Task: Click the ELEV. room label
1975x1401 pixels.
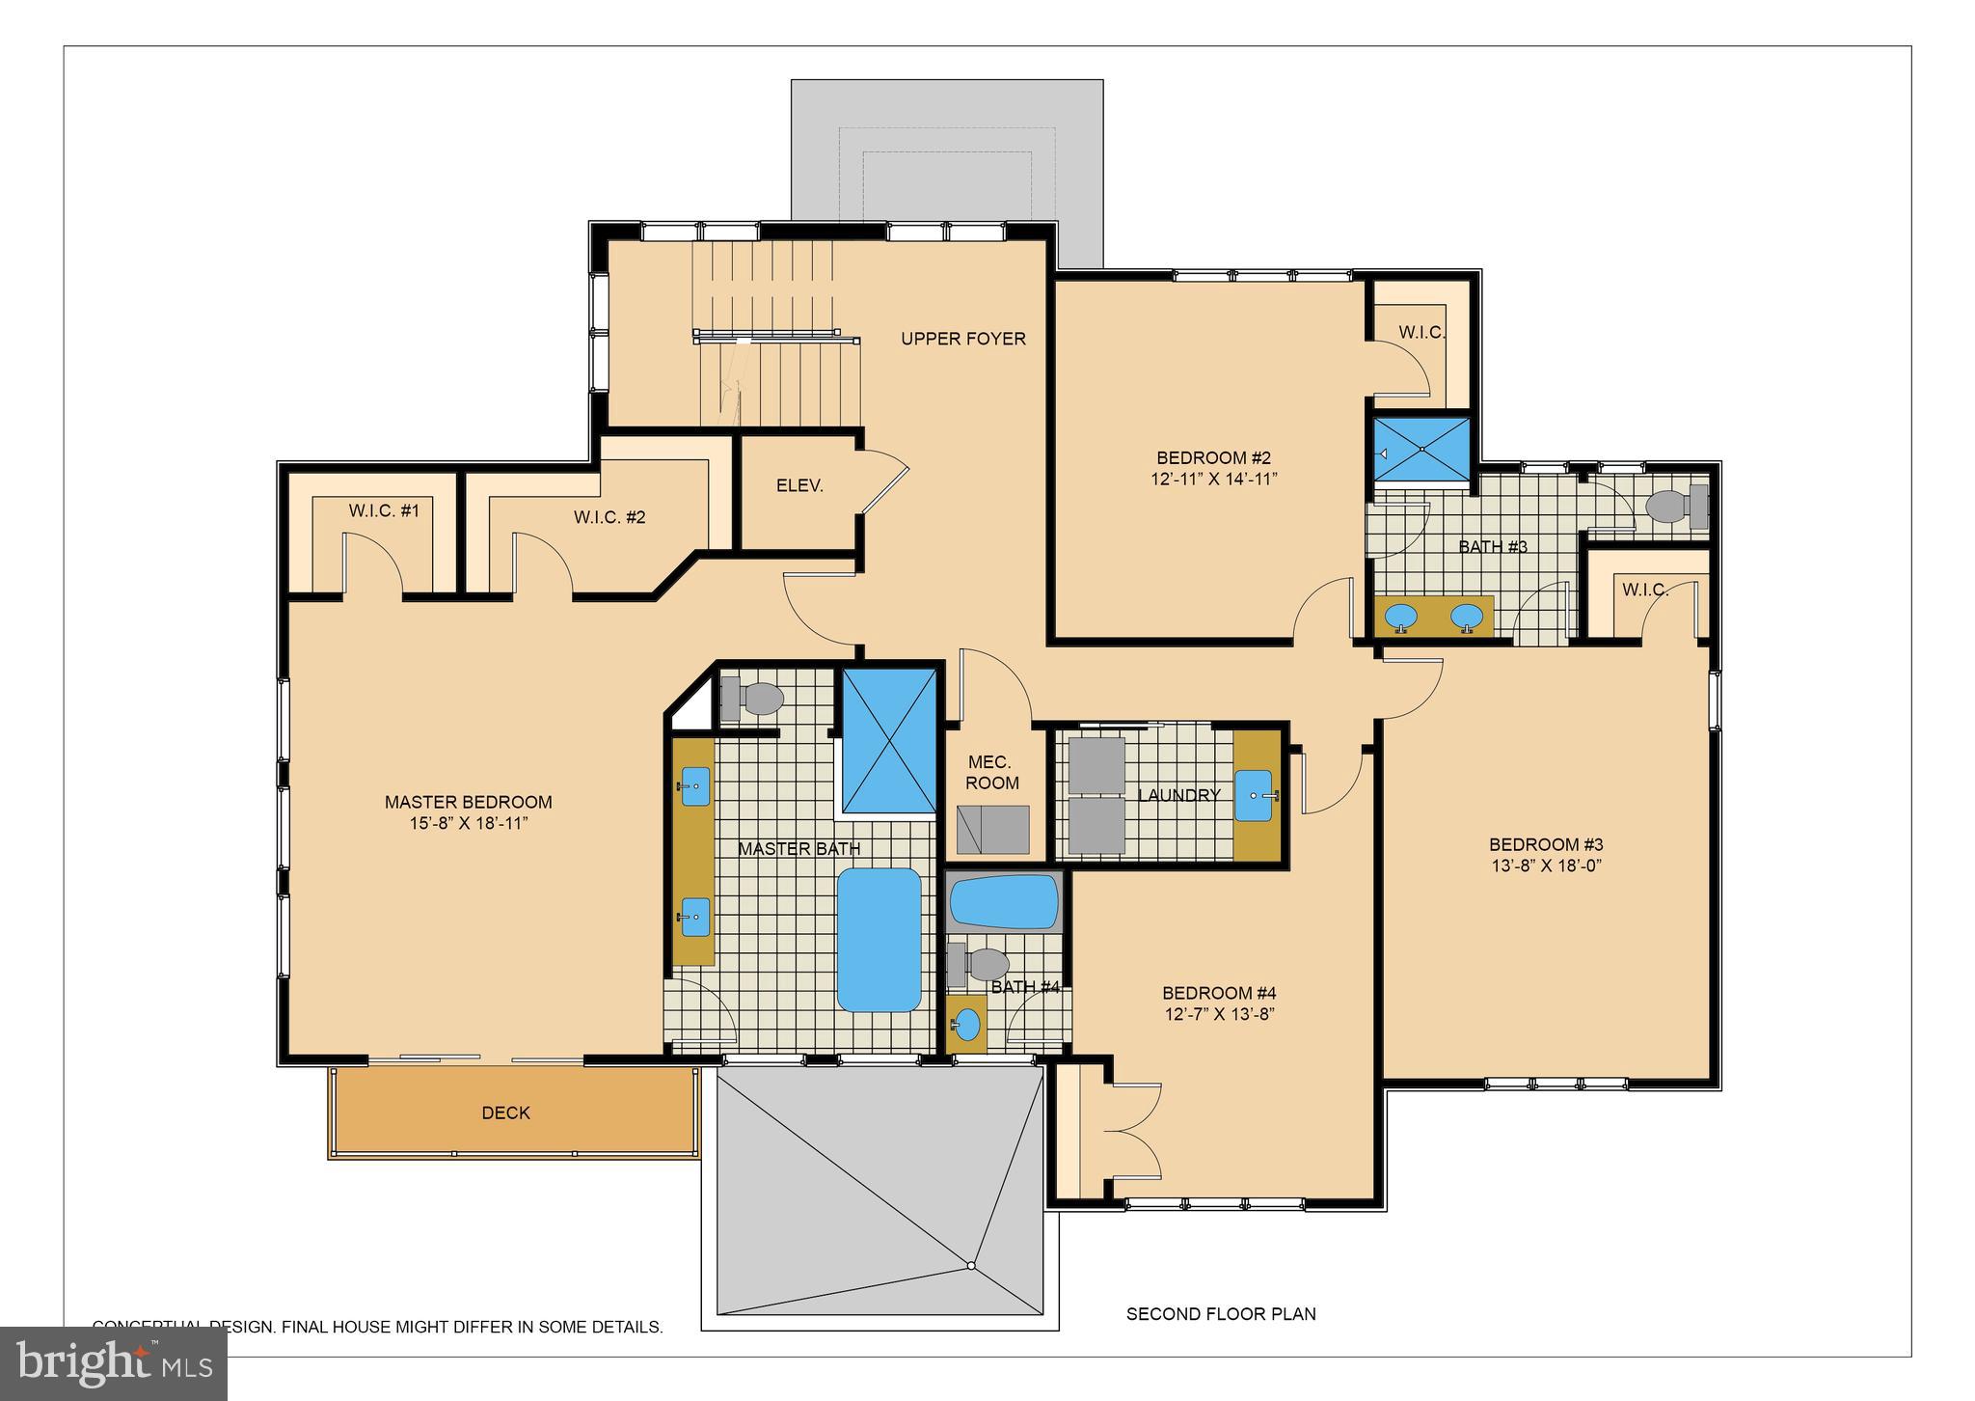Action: [x=799, y=486]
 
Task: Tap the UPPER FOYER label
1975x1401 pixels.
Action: [x=962, y=339]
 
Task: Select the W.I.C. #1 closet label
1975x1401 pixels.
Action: [x=384, y=510]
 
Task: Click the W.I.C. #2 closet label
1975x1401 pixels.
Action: [x=609, y=517]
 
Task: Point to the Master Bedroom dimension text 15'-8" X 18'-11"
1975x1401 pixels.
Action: [x=469, y=823]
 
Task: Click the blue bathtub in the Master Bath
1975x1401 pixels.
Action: [x=879, y=940]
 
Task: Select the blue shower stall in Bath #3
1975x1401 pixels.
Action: [x=1421, y=449]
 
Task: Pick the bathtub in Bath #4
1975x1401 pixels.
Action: [x=1004, y=902]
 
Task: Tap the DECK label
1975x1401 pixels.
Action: [x=505, y=1113]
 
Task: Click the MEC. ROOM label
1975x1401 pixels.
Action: [x=991, y=773]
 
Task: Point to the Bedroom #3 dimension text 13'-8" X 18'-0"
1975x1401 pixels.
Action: [x=1545, y=865]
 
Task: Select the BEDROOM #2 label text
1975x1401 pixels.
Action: [x=1213, y=457]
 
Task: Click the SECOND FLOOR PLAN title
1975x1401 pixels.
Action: [x=1220, y=1314]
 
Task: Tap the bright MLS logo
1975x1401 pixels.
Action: [x=114, y=1363]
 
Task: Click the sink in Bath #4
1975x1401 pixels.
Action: [x=967, y=1024]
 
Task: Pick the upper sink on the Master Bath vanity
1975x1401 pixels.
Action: [x=695, y=786]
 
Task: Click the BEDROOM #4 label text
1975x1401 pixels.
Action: [x=1219, y=993]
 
